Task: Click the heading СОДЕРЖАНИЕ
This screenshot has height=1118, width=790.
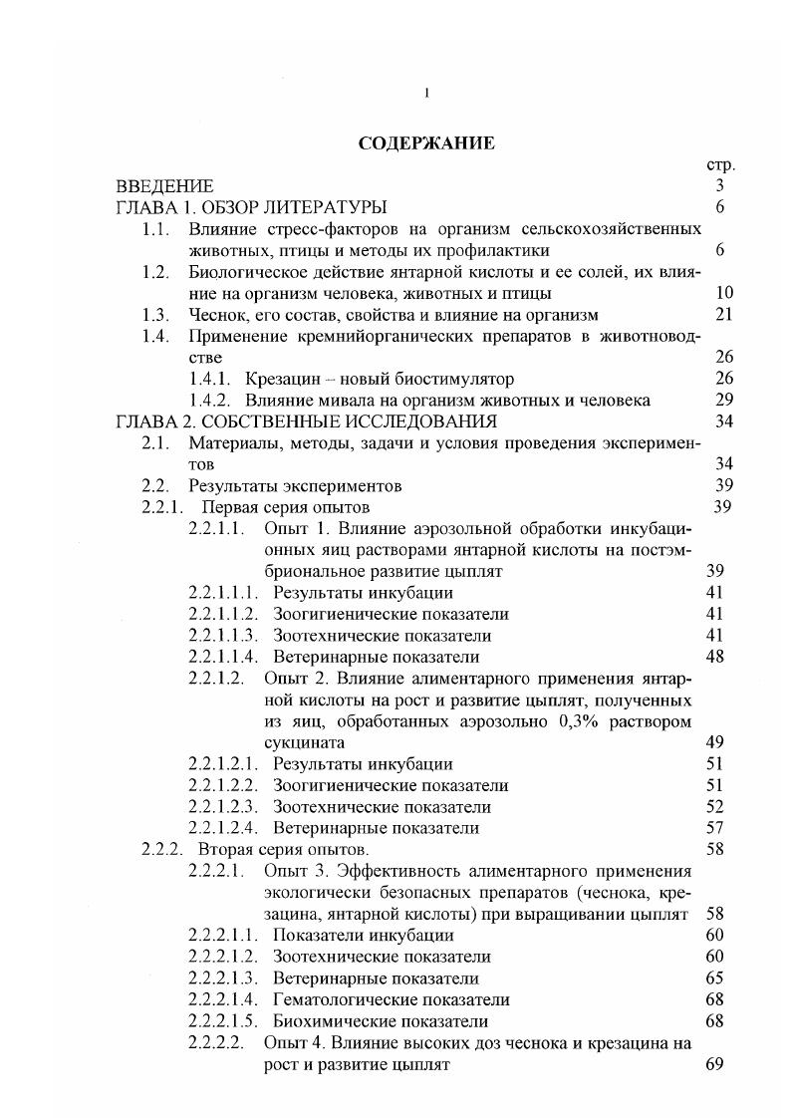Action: pyautogui.click(x=425, y=143)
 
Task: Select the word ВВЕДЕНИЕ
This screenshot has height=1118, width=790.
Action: pyautogui.click(x=164, y=186)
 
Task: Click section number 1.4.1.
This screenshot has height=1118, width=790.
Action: pyautogui.click(x=210, y=379)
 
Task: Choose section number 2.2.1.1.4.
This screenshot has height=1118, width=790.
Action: pyautogui.click(x=223, y=657)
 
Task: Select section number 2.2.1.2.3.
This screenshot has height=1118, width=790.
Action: pyautogui.click(x=223, y=806)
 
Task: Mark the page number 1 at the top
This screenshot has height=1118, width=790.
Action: pyautogui.click(x=426, y=94)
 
